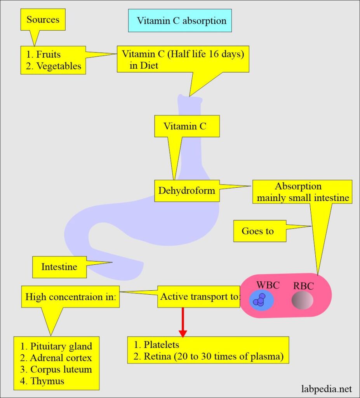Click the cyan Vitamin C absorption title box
pos(180,21)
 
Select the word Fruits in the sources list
pos(49,55)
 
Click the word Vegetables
pos(59,66)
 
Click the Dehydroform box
pos(186,191)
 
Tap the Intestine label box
pos(59,267)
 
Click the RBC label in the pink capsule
pos(303,287)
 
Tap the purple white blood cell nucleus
pos(259,300)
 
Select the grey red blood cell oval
pos(303,301)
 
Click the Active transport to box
pos(199,297)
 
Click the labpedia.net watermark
pos(327,389)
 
